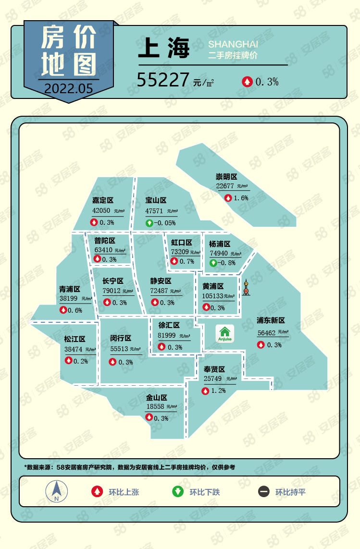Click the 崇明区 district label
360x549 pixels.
pos(226,177)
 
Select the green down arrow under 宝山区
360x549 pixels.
pos(149,223)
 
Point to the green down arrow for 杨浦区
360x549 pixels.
pos(212,263)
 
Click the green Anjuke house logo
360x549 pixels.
pos(224,332)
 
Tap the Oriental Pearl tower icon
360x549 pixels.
pos(246,288)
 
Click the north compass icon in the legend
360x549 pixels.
pos(56,491)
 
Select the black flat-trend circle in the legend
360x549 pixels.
pos(263,491)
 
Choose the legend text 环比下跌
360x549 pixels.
pos(204,492)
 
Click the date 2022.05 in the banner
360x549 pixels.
pos(68,88)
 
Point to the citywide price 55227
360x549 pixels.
pos(163,80)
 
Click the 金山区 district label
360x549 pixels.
pos(157,398)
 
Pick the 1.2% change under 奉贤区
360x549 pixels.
pos(218,391)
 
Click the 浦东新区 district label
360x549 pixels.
pos(271,320)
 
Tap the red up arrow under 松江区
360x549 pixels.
pos(68,361)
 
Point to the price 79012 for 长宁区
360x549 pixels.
pos(112,291)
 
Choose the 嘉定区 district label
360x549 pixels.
pos(103,200)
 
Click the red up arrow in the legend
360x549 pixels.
pos(97,491)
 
